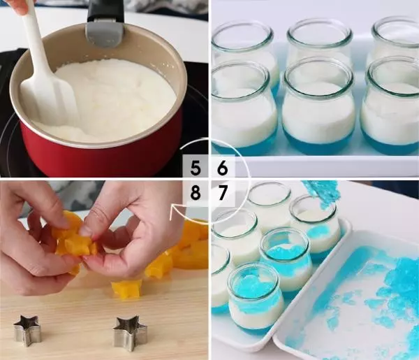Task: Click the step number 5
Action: point(196,168)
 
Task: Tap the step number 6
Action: point(222,168)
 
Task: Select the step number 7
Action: point(222,193)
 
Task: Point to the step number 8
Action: point(196,193)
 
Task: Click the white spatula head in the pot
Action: point(48,100)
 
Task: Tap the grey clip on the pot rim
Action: point(105,34)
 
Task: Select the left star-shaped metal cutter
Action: point(27,331)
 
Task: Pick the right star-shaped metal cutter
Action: point(130,333)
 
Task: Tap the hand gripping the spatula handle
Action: point(20,8)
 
